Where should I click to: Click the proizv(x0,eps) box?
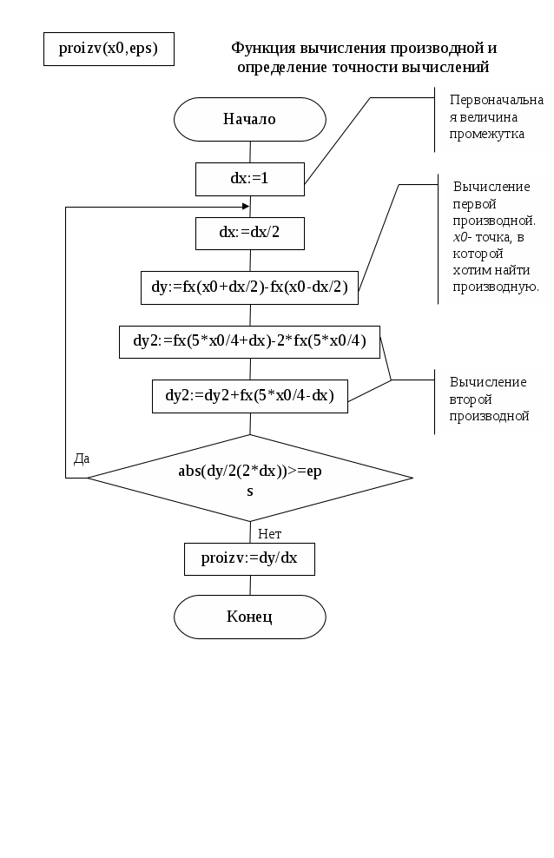pyautogui.click(x=109, y=49)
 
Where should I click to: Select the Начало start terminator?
pyautogui.click(x=250, y=119)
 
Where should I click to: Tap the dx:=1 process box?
pyautogui.click(x=250, y=179)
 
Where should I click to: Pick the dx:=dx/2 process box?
pyautogui.click(x=250, y=233)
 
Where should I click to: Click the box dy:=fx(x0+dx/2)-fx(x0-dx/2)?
pyautogui.click(x=249, y=287)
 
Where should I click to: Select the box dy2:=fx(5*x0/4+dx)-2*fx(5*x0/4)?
pyautogui.click(x=249, y=342)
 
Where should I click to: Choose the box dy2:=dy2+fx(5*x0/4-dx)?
pyautogui.click(x=250, y=396)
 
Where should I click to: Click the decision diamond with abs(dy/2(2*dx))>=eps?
pyautogui.click(x=250, y=478)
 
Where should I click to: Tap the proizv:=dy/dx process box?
pyautogui.click(x=249, y=558)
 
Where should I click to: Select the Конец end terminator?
pyautogui.click(x=250, y=617)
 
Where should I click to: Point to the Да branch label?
pyautogui.click(x=82, y=459)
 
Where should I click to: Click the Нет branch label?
pyautogui.click(x=269, y=533)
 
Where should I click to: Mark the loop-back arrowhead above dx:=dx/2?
pyautogui.click(x=247, y=207)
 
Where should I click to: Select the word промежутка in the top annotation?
pyautogui.click(x=487, y=134)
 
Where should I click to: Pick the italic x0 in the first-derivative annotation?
pyautogui.click(x=460, y=237)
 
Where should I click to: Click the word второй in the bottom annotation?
pyautogui.click(x=471, y=399)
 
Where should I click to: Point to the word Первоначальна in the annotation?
pyautogui.click(x=497, y=100)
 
